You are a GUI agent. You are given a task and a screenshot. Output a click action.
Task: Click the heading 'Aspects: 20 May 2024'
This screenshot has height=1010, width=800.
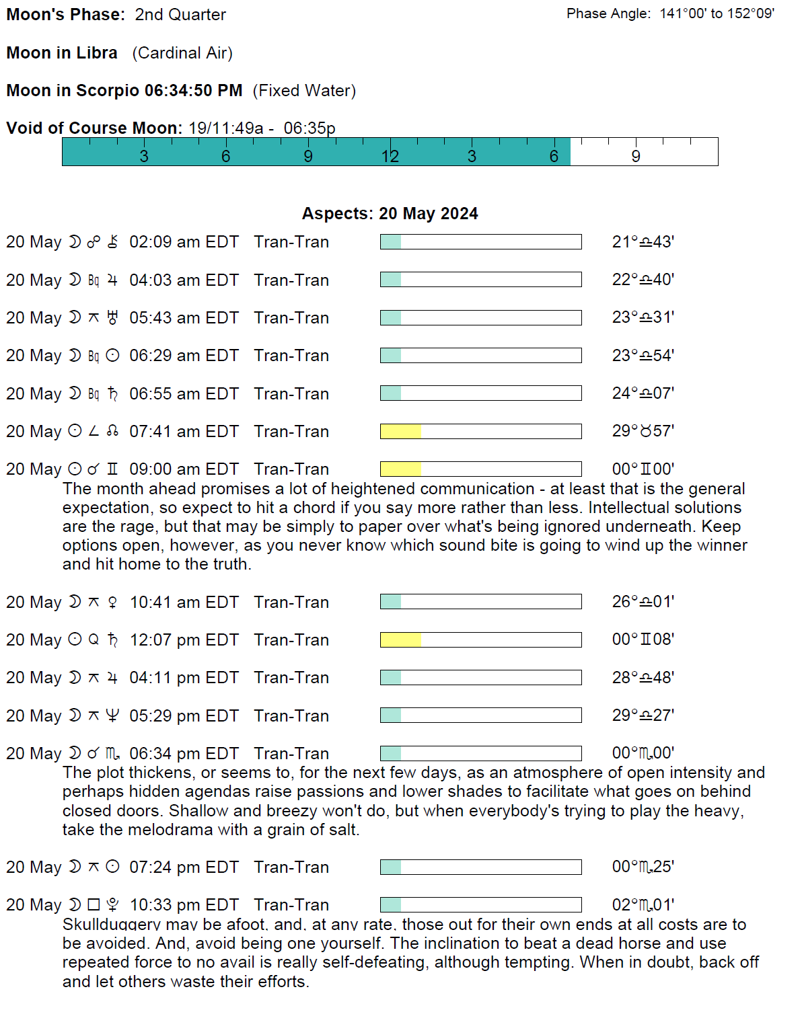point(390,214)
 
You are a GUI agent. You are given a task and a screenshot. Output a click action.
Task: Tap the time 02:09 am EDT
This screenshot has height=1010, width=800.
point(184,242)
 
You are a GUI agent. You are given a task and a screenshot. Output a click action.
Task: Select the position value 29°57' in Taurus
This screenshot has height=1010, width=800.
point(643,431)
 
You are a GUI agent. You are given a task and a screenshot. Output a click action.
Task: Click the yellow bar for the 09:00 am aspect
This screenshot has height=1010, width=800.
point(400,469)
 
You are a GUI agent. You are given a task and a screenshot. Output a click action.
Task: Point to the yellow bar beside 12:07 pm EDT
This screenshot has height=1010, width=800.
point(400,639)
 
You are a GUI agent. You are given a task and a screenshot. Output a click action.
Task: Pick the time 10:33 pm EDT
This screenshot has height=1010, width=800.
point(184,905)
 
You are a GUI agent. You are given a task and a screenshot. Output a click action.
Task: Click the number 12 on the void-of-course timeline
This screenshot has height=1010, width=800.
point(390,157)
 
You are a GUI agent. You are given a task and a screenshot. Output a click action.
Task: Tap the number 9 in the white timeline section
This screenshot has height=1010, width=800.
point(636,157)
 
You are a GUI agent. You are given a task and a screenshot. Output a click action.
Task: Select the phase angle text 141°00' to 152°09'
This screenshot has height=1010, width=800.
point(717,13)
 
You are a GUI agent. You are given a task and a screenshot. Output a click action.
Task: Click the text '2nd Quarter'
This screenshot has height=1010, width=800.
point(180,15)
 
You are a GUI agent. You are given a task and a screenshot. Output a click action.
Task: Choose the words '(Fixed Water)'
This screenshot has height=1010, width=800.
point(304,91)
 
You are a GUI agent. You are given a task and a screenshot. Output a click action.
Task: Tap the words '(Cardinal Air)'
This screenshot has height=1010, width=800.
point(182,53)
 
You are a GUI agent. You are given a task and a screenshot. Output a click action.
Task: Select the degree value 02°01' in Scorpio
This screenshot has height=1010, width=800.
point(643,905)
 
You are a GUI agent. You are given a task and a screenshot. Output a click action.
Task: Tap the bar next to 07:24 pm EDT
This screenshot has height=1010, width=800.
point(480,867)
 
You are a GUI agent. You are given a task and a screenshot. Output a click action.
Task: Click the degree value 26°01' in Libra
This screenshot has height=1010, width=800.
point(643,602)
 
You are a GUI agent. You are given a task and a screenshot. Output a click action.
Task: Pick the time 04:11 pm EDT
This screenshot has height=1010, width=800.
point(184,678)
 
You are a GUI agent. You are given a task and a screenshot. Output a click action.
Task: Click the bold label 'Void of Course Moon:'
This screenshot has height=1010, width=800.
point(94,128)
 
